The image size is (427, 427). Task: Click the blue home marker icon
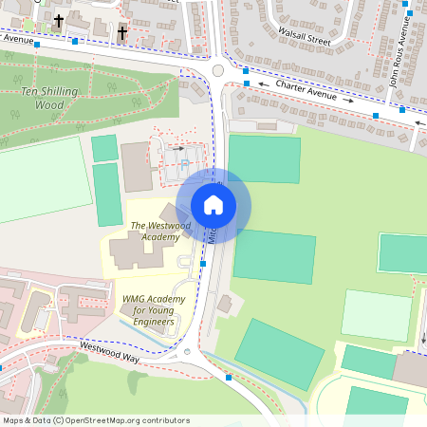[213, 204]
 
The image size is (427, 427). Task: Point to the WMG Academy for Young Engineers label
[147, 310]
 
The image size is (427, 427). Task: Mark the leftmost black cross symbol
[58, 20]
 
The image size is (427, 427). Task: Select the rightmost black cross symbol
[121, 33]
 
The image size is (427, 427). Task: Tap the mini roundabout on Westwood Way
[187, 353]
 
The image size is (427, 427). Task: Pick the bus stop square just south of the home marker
[203, 264]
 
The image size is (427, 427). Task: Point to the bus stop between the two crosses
[75, 42]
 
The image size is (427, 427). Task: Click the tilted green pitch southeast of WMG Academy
[279, 353]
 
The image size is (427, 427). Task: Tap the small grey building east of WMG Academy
[225, 304]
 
